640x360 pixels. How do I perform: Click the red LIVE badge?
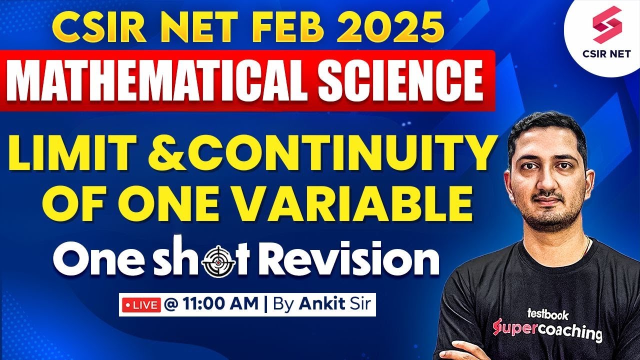tap(140, 304)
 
